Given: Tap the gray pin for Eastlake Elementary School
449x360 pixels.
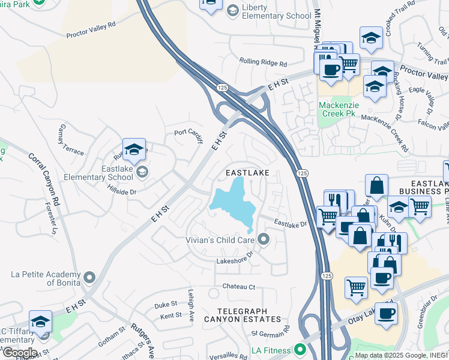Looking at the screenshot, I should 142,173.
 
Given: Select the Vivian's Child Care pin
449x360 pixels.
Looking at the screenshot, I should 264,240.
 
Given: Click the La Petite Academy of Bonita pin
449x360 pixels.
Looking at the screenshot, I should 89,277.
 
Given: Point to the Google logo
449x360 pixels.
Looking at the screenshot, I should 19,353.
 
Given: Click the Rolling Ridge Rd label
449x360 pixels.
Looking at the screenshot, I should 263,62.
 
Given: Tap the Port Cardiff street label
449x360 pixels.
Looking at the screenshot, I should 189,133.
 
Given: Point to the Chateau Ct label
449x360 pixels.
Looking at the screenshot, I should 239,287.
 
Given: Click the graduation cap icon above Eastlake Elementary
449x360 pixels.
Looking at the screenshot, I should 134,150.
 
